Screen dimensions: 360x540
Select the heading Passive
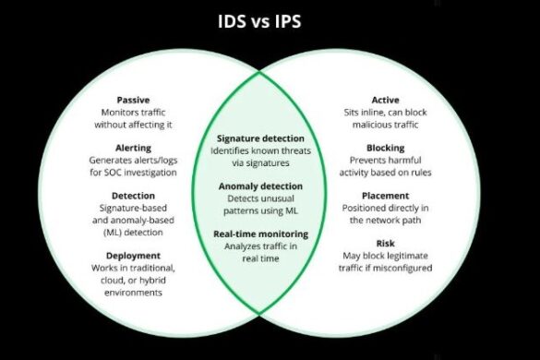click(x=134, y=100)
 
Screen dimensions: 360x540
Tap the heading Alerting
click(x=134, y=147)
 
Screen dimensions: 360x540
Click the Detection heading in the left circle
click(x=134, y=196)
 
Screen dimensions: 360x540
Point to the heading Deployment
click(x=133, y=256)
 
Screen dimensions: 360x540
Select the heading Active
click(x=385, y=99)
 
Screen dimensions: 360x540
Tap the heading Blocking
click(x=385, y=147)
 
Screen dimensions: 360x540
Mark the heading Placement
click(x=385, y=196)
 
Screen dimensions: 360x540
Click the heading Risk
click(x=385, y=245)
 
